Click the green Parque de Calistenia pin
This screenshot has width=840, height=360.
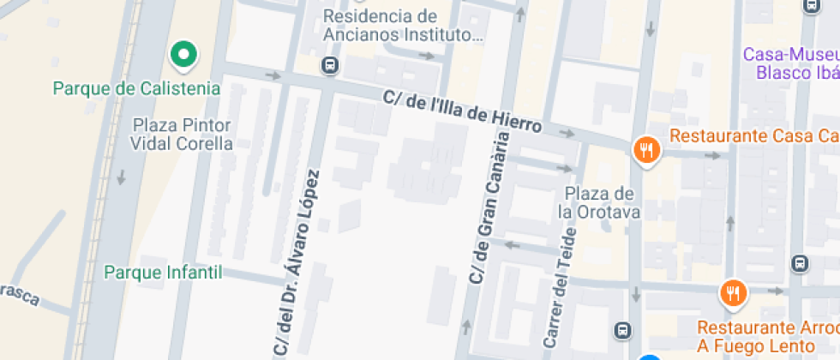(182, 56)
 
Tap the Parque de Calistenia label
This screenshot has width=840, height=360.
(136, 88)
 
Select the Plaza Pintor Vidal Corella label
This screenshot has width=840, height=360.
(182, 135)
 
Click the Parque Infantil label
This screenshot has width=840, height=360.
(163, 273)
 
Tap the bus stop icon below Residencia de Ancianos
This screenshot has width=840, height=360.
(329, 65)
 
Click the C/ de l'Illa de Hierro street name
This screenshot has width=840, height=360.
(462, 112)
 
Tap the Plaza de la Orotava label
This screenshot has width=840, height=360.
(599, 202)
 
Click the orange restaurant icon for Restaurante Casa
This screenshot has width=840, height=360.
(645, 151)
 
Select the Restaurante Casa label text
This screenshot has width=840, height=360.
(753, 136)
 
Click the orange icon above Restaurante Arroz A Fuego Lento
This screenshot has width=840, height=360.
(733, 294)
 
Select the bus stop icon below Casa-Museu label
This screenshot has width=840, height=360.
(800, 263)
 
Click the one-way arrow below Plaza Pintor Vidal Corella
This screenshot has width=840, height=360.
(121, 177)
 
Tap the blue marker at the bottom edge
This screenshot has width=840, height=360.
(649, 357)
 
